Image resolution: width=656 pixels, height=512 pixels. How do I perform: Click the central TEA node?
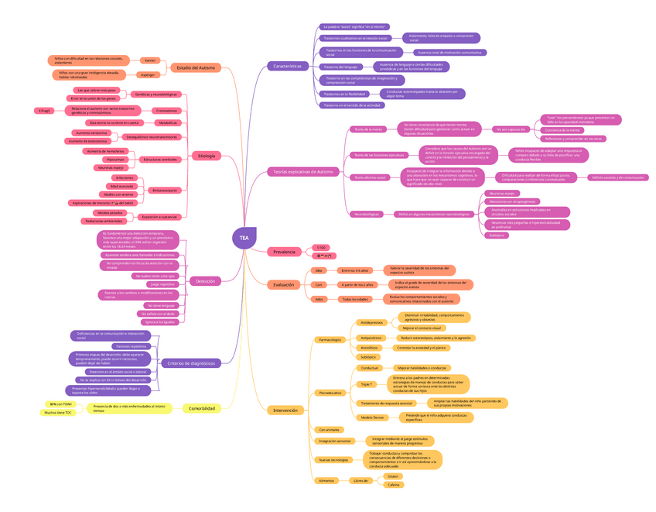point(244,238)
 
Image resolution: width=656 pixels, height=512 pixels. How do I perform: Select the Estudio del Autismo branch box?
point(196,68)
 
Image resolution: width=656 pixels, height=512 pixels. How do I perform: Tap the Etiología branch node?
point(207,156)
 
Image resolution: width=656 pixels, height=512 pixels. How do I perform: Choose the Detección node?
point(205,281)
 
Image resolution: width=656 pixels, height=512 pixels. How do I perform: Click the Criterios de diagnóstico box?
point(190,363)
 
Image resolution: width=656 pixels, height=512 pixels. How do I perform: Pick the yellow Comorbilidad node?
point(202,408)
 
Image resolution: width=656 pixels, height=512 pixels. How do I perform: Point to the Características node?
point(287,67)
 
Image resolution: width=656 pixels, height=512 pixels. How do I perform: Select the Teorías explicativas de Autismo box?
point(303,171)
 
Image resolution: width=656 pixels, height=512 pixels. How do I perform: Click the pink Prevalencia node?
point(284,252)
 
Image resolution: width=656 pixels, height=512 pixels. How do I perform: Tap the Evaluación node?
point(283,284)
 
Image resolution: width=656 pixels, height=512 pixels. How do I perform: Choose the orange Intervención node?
point(285,410)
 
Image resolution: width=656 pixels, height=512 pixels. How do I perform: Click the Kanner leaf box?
point(150,60)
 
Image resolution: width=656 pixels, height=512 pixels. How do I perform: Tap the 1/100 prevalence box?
point(321,248)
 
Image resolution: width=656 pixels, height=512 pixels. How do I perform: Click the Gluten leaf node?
point(393,476)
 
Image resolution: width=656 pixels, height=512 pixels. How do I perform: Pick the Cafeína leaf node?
point(393,485)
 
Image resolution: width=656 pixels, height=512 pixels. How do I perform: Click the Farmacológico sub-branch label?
point(330,340)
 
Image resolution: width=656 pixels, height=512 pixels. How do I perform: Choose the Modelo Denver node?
point(372,418)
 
